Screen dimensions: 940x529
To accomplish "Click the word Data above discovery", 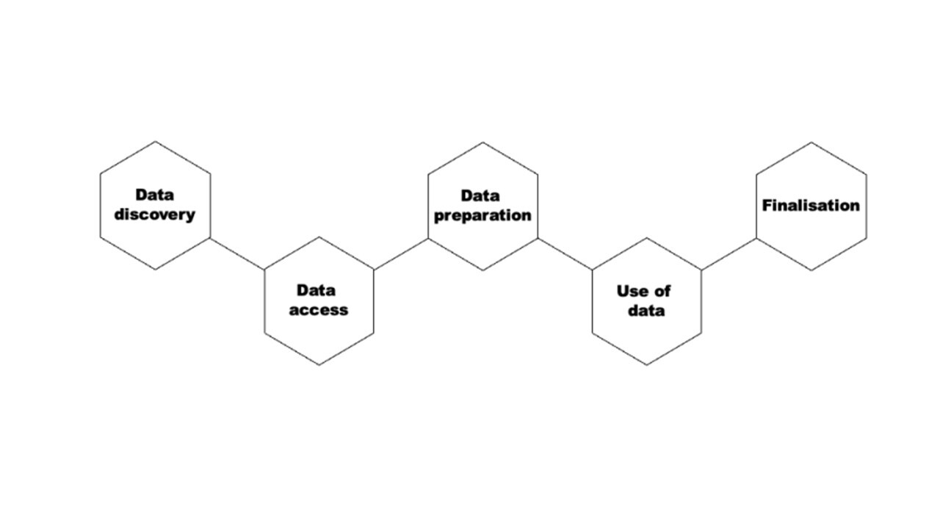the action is coord(154,195).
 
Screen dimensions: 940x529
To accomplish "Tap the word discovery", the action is coord(155,215).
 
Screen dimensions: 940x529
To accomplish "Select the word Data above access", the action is coord(316,290).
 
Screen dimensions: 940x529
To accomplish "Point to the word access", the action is coord(319,310).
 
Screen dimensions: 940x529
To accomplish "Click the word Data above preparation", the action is coord(480,195).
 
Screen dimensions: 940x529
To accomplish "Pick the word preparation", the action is coord(482,216).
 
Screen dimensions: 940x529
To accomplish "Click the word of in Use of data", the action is coord(661,291).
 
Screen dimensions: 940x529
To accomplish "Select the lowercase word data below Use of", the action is coord(646,311).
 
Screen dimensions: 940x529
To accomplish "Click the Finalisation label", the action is coord(811,206).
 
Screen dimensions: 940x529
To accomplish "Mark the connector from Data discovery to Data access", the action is coord(237,253).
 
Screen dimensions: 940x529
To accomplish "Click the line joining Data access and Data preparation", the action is coord(401,254).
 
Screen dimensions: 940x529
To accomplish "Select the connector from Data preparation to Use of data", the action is coord(565,254).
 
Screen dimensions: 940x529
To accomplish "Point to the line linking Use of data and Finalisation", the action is coord(729,254).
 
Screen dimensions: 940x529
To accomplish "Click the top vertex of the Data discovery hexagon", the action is coord(155,142).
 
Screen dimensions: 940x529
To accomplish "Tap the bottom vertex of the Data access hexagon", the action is coord(319,365).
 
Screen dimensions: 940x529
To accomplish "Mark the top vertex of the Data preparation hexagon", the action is coord(482,143).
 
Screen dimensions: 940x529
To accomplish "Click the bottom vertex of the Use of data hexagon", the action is coord(647,365).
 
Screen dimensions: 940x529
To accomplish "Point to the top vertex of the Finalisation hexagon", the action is coord(811,143).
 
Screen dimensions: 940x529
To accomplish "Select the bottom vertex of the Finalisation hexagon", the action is coord(811,270).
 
